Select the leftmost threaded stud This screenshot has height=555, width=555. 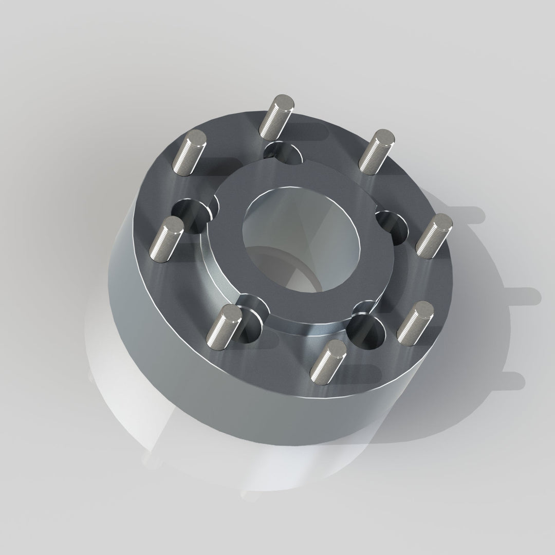[166, 239]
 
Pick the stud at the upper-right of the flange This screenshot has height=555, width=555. [376, 152]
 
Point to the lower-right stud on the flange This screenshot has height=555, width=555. [415, 322]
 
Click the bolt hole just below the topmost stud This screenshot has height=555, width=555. [284, 153]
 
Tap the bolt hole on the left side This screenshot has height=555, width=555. [191, 214]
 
